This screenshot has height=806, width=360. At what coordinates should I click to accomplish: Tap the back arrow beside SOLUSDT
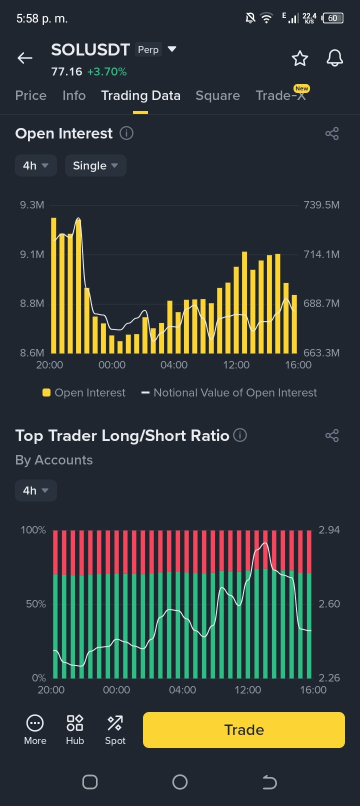25,57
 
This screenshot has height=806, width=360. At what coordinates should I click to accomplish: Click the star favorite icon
299,58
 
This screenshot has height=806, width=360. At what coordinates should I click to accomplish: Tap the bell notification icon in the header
334,58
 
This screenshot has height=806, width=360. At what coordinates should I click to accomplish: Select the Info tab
74,95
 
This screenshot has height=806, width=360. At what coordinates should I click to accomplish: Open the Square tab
217,95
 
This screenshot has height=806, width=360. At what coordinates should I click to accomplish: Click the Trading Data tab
141,95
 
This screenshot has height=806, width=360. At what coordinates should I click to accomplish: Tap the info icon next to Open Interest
126,133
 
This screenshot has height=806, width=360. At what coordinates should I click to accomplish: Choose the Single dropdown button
95,165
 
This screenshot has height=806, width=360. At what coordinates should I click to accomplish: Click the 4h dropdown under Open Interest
35,165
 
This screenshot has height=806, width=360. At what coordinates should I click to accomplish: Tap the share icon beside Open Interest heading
332,133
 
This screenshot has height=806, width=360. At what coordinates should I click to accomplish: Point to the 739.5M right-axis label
321,204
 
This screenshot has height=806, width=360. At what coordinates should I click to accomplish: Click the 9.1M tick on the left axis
32,254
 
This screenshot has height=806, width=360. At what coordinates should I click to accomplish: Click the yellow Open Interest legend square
46,392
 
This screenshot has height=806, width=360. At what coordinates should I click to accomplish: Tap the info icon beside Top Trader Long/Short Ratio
240,435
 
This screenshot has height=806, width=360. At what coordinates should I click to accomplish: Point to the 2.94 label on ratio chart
329,529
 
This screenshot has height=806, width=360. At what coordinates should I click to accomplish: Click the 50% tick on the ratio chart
35,604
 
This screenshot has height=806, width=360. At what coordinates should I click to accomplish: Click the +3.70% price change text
107,71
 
